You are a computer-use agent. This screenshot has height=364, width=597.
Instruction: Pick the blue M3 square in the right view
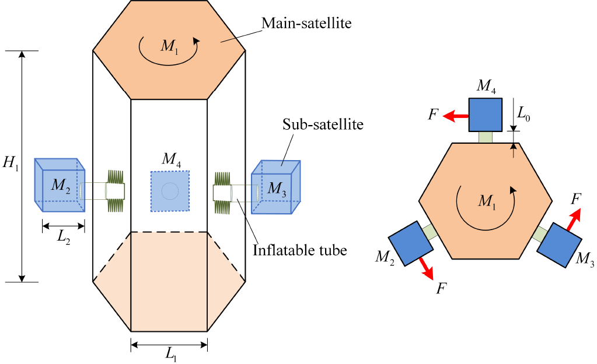559,245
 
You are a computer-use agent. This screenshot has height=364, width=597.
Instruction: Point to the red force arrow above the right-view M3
575,222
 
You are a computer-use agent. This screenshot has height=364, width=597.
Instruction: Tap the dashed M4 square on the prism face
170,190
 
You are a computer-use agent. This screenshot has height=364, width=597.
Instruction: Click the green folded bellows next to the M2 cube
116,190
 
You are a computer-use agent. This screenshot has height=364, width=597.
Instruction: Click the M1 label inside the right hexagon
486,201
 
